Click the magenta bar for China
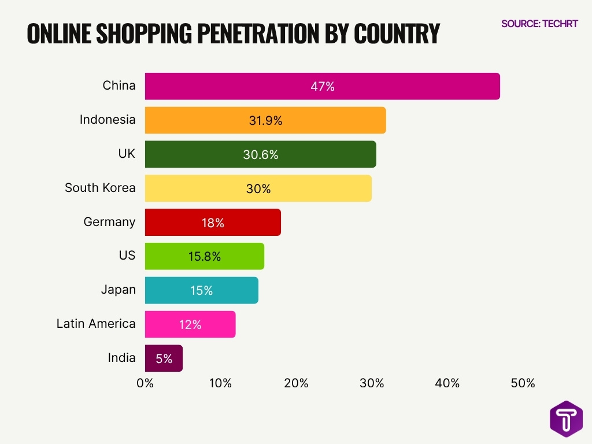tap(322, 86)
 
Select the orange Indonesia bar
tap(265, 120)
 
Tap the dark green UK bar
tap(260, 154)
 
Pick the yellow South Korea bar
tap(258, 188)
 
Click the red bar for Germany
tap(212, 222)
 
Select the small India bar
tap(164, 358)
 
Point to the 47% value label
tap(322, 87)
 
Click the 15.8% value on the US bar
tap(204, 257)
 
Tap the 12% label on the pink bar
tap(190, 325)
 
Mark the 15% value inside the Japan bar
tap(201, 291)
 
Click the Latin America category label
tap(96, 324)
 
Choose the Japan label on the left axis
tap(118, 290)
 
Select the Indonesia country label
tap(108, 120)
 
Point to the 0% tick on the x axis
tap(145, 383)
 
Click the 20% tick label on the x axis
tap(296, 383)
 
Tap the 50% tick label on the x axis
tap(523, 383)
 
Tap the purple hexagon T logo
tap(566, 419)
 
